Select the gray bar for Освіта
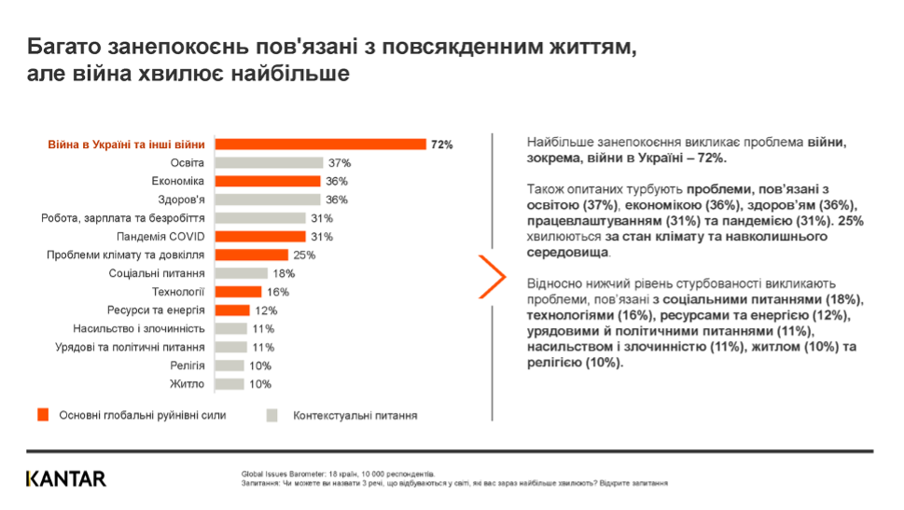click(270, 163)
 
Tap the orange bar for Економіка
click(268, 181)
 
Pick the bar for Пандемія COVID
click(260, 236)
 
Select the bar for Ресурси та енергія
click(232, 310)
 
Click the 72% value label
click(441, 145)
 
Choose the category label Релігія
click(187, 365)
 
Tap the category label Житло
click(188, 383)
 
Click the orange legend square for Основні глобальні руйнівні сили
click(42, 415)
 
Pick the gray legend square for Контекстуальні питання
click(272, 415)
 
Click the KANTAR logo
click(66, 478)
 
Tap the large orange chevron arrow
click(493, 276)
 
